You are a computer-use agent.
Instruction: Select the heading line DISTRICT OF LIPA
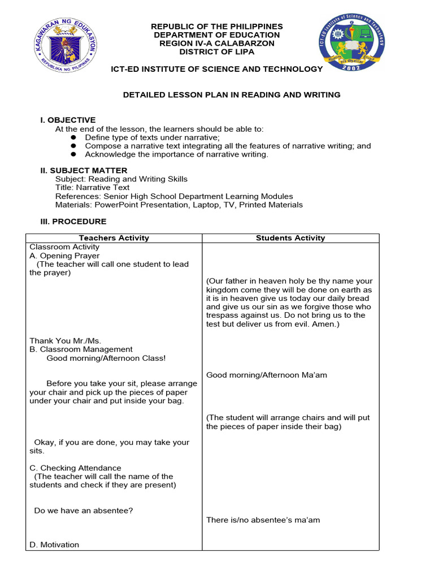tap(217, 52)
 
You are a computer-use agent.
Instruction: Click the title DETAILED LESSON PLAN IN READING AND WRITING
tap(232, 95)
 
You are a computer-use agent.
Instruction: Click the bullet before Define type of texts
tap(73, 137)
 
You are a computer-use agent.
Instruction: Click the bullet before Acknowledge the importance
tap(73, 154)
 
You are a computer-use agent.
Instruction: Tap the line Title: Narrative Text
tap(92, 188)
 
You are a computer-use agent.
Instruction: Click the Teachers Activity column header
tap(114, 238)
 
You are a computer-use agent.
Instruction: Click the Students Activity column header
tap(290, 238)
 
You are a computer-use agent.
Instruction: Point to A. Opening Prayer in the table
tap(64, 256)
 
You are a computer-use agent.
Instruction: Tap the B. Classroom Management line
tap(81, 349)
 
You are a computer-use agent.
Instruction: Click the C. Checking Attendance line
tap(75, 468)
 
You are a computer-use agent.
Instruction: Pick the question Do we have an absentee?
tap(84, 511)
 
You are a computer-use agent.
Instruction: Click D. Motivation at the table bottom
tap(54, 545)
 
